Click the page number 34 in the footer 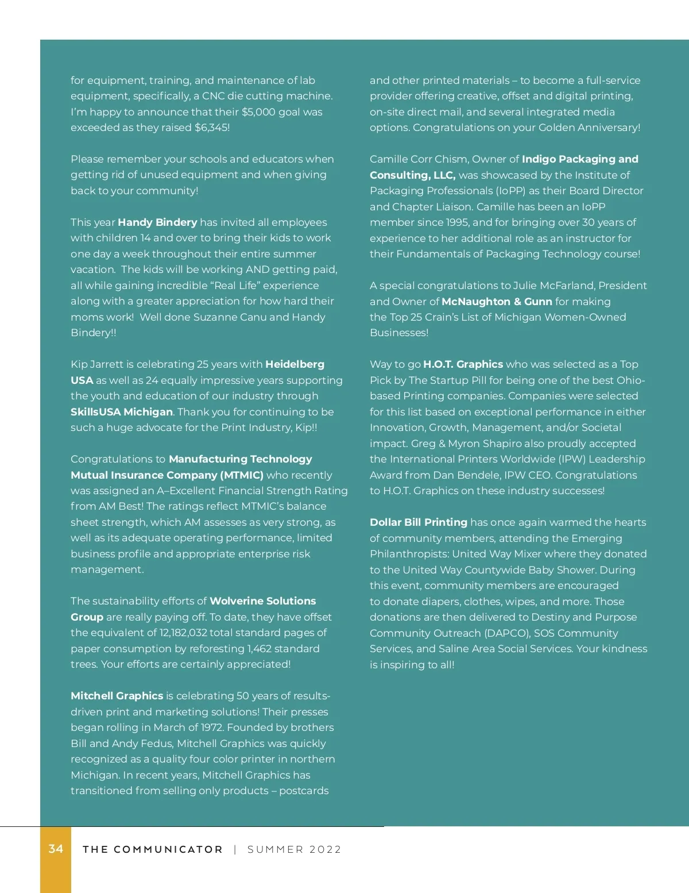click(x=56, y=849)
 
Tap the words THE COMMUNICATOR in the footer click(x=152, y=849)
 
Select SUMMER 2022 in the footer click(x=294, y=849)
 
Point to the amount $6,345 click(x=211, y=128)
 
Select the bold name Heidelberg click(x=295, y=364)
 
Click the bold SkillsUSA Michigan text click(x=122, y=412)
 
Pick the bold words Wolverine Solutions click(x=263, y=601)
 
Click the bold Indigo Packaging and click(x=580, y=159)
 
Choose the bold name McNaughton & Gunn click(x=497, y=302)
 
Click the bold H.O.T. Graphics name click(x=463, y=364)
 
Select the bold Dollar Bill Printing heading click(x=418, y=522)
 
